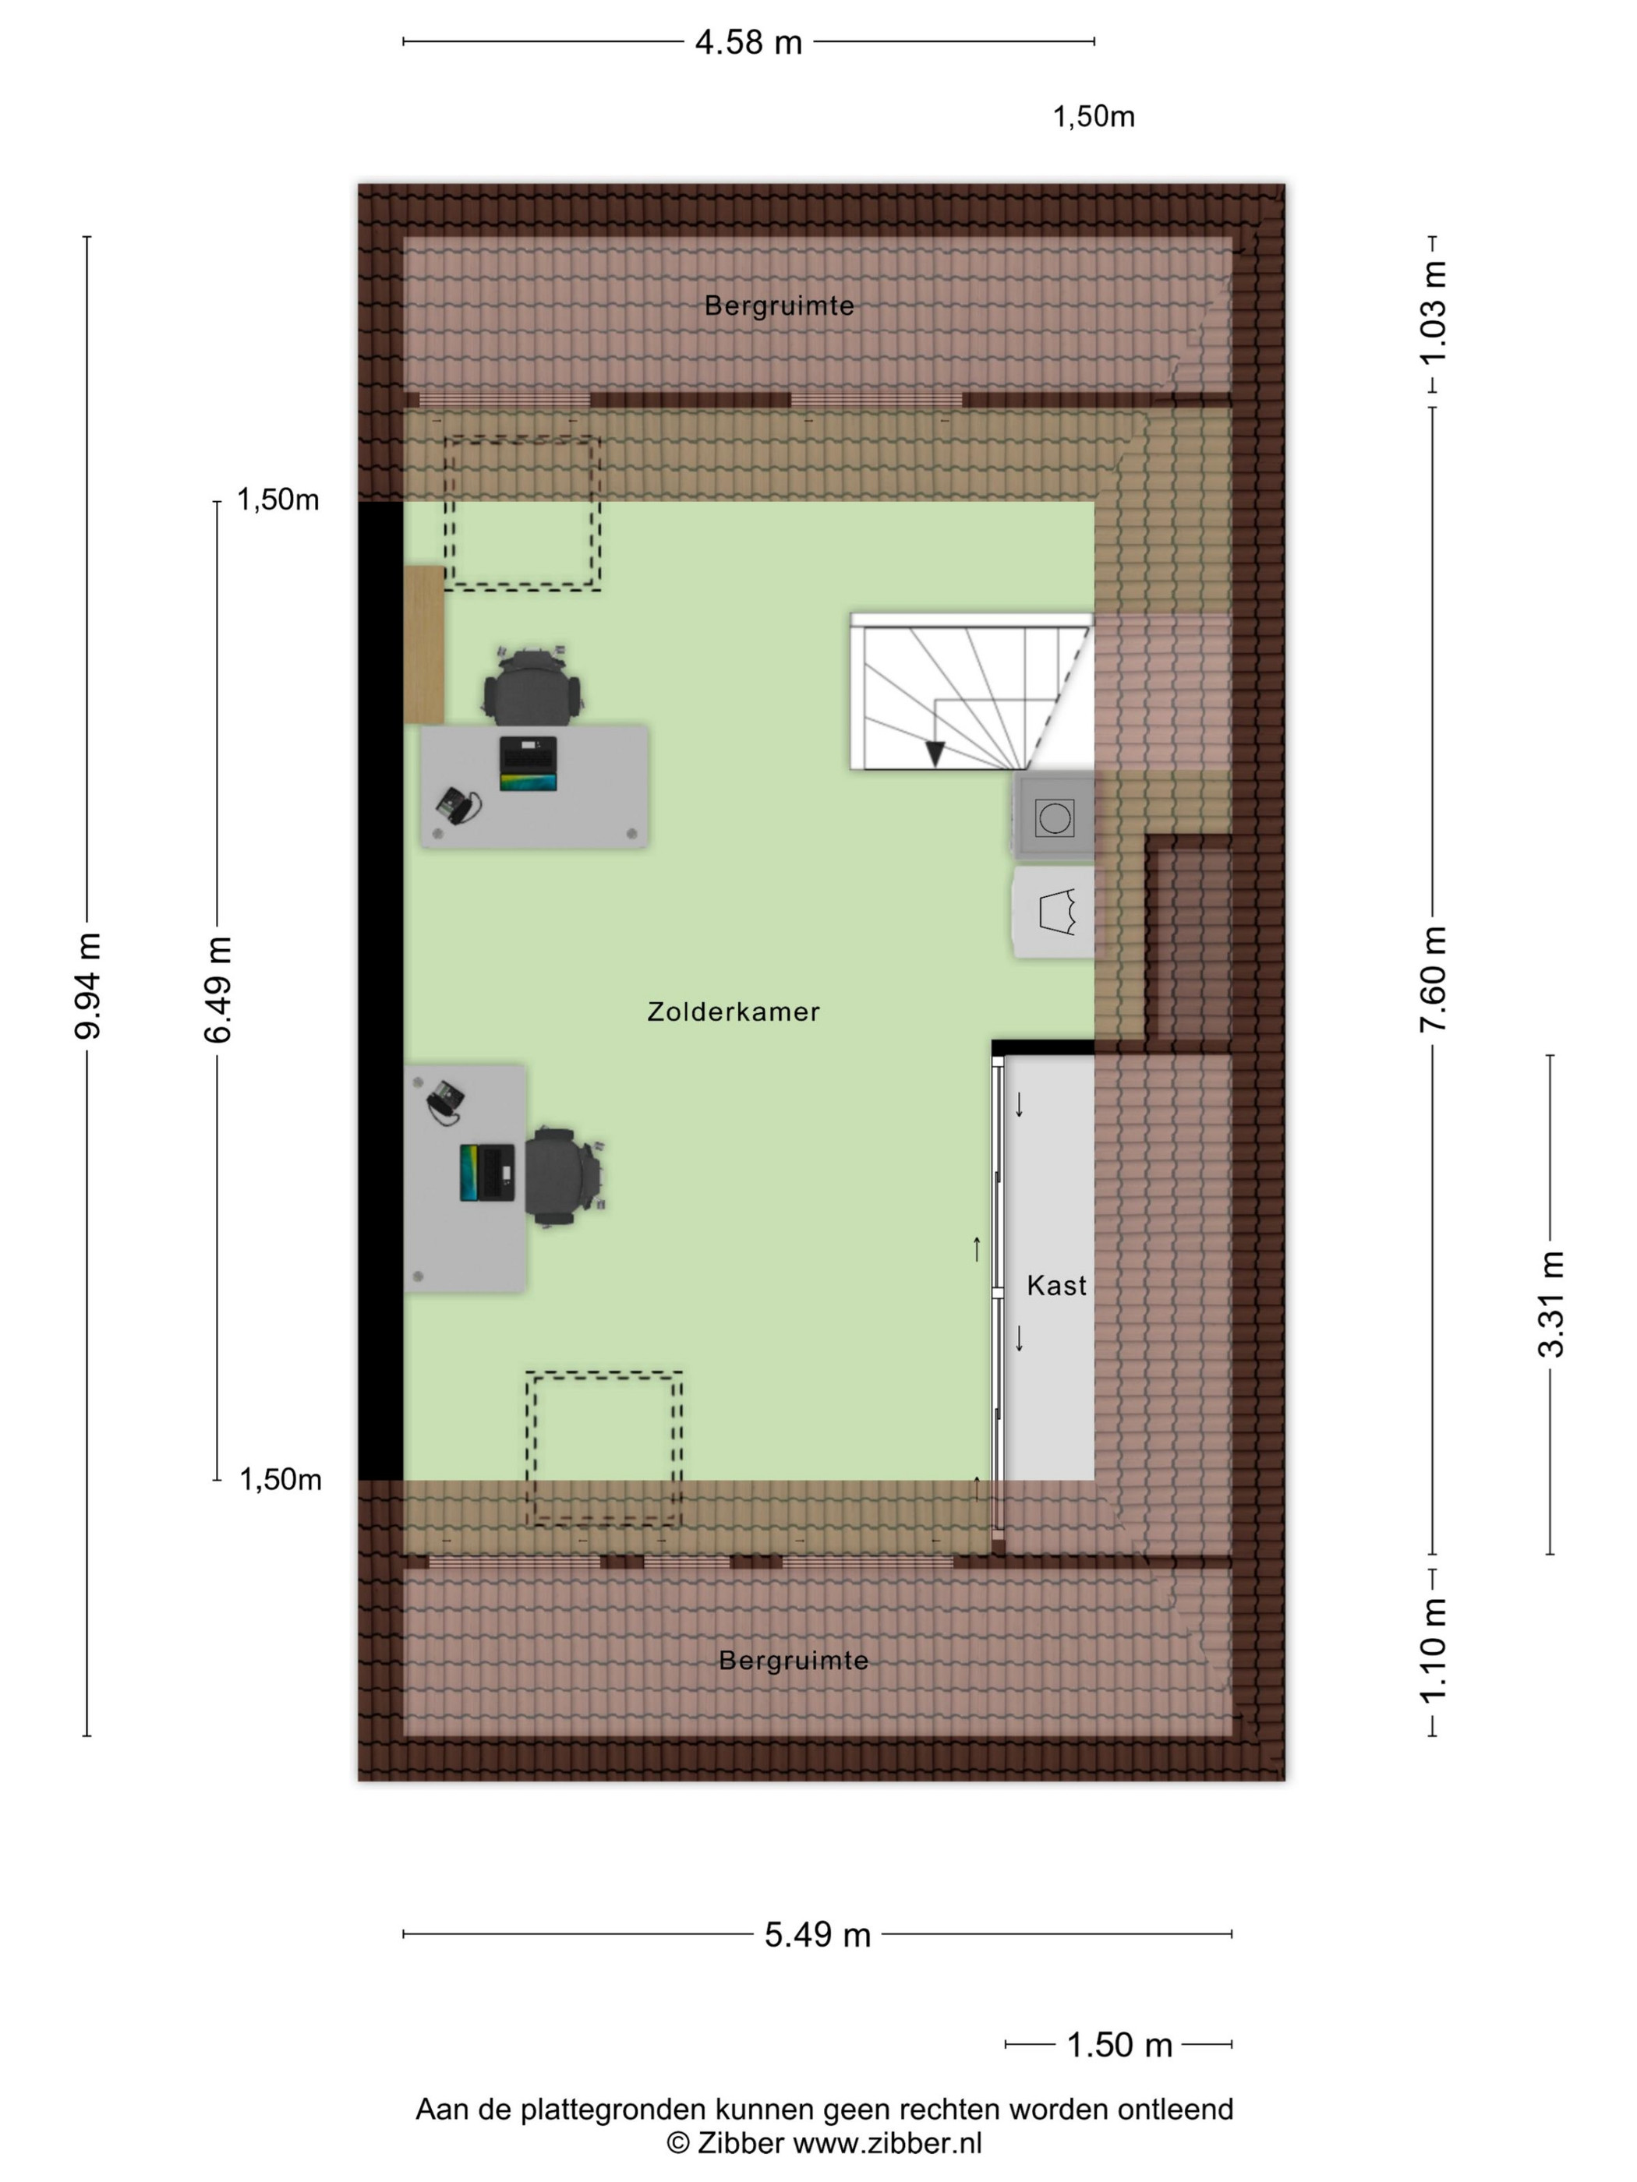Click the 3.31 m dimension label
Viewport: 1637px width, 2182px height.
[1550, 1303]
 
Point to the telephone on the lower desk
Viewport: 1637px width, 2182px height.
[446, 1101]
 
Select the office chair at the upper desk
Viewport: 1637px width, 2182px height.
[532, 684]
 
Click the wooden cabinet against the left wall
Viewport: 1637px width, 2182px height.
[424, 645]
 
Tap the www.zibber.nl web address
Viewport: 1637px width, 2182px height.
[887, 2141]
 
